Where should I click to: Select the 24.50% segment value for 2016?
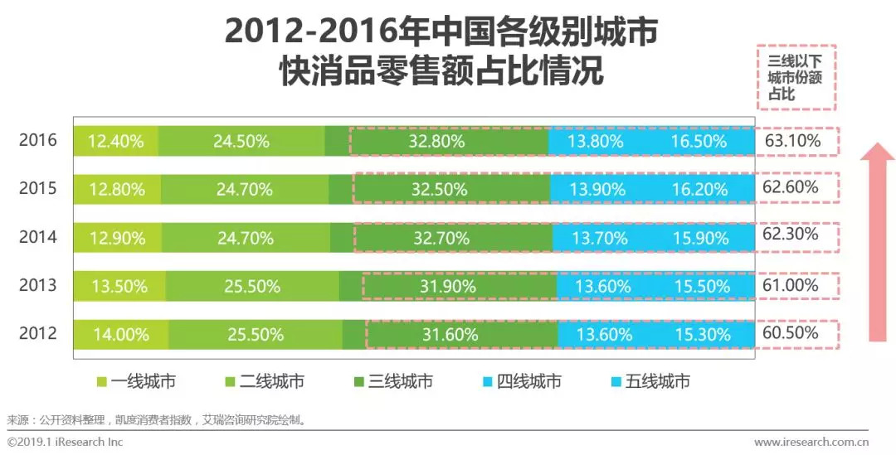[241, 141]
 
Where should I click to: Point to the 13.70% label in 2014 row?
[595, 238]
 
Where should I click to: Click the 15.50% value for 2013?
[702, 286]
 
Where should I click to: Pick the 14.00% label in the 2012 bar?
[120, 335]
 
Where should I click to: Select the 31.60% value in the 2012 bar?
[450, 335]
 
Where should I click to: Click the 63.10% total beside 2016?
[792, 141]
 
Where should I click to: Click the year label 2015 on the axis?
[38, 188]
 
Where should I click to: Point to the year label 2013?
[38, 285]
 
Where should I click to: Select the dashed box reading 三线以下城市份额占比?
[796, 77]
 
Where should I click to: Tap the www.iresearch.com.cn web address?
[811, 443]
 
